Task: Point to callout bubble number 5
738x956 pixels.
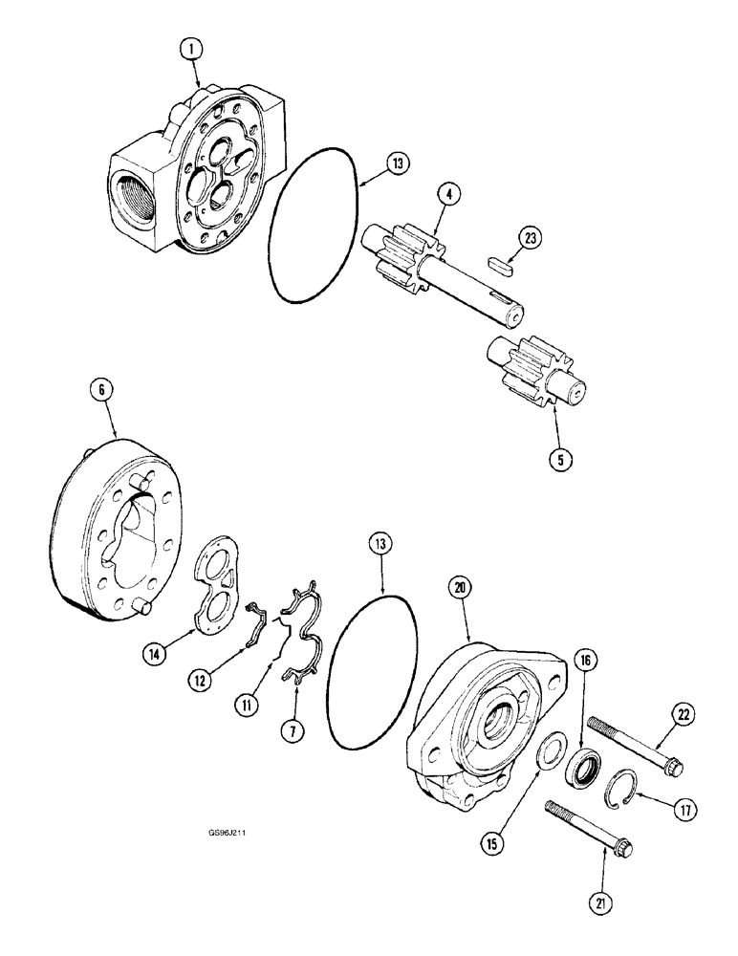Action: pyautogui.click(x=561, y=459)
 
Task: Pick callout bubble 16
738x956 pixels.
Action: pyautogui.click(x=585, y=659)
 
